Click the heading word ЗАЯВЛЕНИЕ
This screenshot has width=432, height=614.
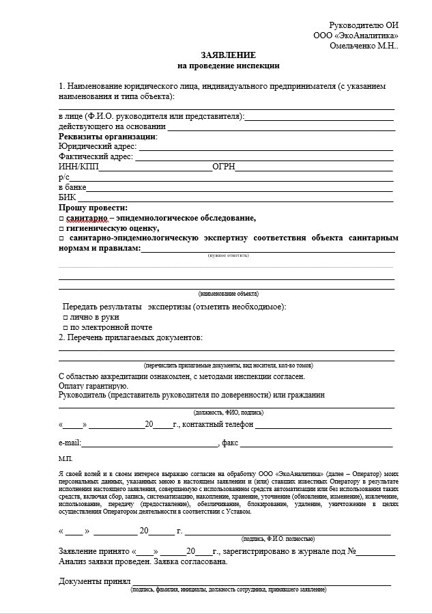(228, 55)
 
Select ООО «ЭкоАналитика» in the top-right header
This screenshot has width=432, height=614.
(356, 35)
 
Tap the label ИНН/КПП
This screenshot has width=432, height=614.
(78, 167)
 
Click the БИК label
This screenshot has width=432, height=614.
(68, 197)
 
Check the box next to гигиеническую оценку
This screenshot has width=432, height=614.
(61, 229)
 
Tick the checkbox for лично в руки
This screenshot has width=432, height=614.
(66, 318)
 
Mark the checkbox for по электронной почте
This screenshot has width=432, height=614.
(66, 328)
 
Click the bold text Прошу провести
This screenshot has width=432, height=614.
(93, 208)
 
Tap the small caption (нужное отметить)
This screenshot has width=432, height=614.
(228, 255)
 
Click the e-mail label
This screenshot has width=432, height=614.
(70, 443)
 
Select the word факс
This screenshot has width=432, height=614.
(229, 443)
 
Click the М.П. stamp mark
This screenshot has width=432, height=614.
(66, 458)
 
